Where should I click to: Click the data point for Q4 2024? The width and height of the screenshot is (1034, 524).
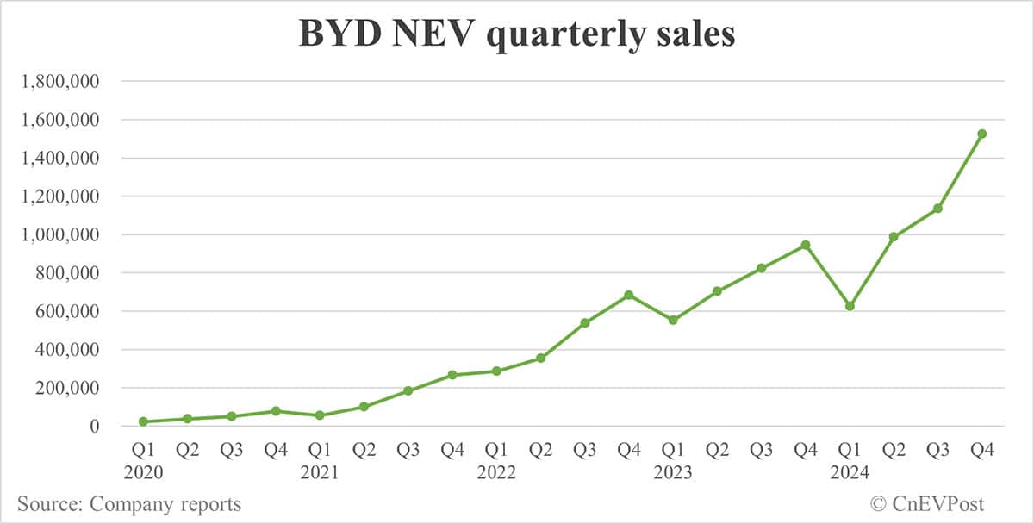tap(981, 134)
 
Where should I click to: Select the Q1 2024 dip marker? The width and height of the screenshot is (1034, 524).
tap(850, 306)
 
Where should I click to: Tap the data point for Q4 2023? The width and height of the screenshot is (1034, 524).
tap(806, 245)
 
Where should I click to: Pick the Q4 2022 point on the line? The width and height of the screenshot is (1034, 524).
tap(629, 295)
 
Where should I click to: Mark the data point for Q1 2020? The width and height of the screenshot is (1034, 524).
tap(143, 421)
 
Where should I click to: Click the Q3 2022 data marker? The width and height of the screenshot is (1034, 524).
tap(585, 322)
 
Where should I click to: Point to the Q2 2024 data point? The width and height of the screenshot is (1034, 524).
tap(894, 236)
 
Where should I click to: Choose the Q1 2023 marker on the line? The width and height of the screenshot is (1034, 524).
tap(673, 320)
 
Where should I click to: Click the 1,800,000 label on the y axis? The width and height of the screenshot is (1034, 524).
tap(60, 82)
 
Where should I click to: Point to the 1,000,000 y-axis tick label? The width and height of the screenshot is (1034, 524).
tap(60, 234)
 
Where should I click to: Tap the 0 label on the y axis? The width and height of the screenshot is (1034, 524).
tap(97, 427)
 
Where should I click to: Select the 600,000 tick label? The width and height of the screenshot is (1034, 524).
tap(66, 311)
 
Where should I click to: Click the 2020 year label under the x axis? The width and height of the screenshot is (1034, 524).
tap(143, 472)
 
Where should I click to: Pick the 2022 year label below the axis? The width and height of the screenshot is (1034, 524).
tap(496, 472)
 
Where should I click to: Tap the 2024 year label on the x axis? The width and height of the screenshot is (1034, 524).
tap(850, 472)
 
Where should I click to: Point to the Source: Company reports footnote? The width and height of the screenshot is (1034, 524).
tap(129, 504)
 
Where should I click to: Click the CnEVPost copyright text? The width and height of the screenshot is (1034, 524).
tap(927, 504)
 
